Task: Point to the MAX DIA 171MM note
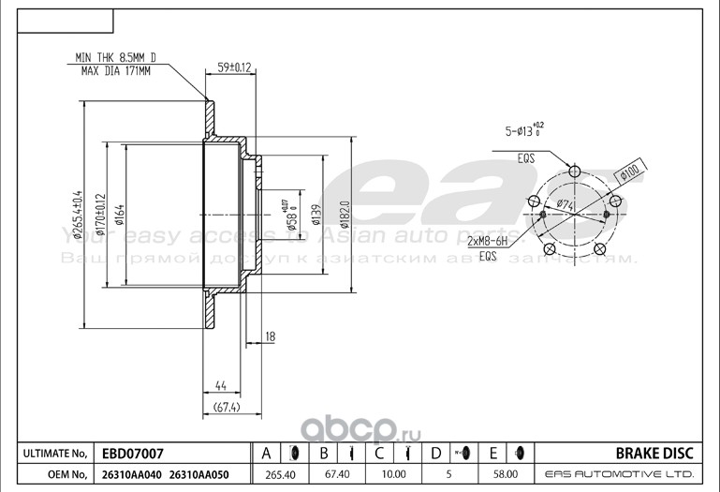(x=115, y=69)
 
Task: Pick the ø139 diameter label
(x=318, y=215)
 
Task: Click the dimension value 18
(x=270, y=335)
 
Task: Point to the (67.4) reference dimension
(x=228, y=408)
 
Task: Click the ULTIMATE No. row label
(x=53, y=454)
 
